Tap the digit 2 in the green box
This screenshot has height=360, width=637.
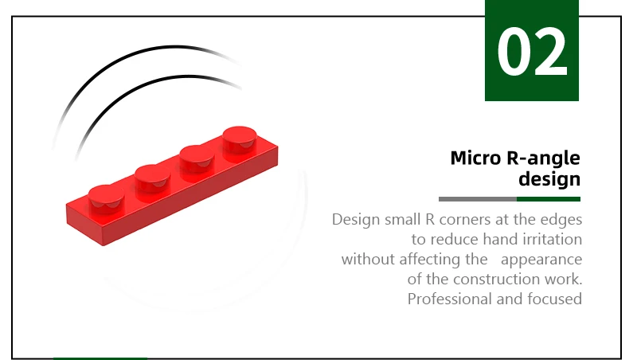point(550,51)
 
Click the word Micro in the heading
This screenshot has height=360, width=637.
point(475,158)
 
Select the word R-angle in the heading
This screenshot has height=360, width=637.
point(544,158)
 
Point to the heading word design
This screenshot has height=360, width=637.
point(549,179)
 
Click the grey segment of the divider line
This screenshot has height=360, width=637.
point(478,199)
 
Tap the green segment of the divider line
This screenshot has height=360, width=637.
point(549,199)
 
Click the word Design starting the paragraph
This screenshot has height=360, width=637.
point(356,221)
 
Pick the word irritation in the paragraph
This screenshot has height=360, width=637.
point(552,239)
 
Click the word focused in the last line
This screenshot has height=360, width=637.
point(554,299)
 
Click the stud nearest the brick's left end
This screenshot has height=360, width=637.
point(106,198)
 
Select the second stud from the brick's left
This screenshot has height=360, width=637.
point(152,178)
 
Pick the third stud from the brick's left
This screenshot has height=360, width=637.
point(197,158)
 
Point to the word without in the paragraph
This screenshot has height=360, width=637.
point(368,259)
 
